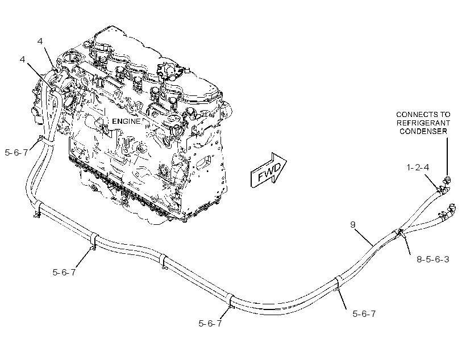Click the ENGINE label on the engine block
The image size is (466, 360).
point(126,121)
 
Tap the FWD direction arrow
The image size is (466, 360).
point(269,170)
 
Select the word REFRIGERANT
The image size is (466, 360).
point(423,123)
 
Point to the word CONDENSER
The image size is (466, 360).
point(423,131)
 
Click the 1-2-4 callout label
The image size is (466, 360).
point(418,168)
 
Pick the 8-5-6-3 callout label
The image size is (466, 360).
point(432,259)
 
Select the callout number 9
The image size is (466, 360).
point(353,224)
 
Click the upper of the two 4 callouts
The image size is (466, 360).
point(40,41)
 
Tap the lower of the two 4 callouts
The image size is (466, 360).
point(22,60)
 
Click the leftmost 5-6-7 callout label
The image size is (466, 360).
point(16,153)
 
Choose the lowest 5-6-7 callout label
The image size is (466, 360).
point(210,324)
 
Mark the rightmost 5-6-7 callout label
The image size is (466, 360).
point(364,313)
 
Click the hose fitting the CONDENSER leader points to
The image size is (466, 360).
point(447,179)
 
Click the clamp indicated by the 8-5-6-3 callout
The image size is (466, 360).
point(400,233)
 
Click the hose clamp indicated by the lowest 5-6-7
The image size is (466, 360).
point(231,302)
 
